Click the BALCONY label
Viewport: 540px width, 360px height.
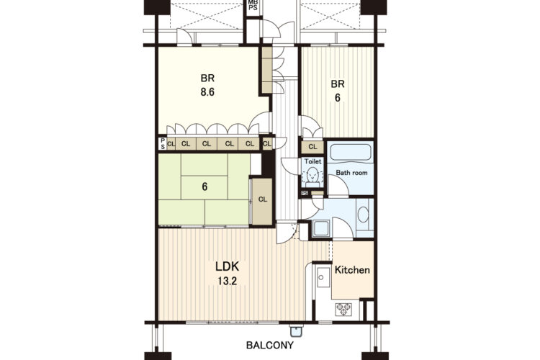pyautogui.click(x=270, y=345)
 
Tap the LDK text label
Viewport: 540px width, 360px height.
pyautogui.click(x=228, y=266)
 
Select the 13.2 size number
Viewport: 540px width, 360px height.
pyautogui.click(x=228, y=282)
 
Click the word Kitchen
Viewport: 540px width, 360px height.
pyautogui.click(x=352, y=270)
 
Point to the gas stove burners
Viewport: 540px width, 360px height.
pyautogui.click(x=343, y=309)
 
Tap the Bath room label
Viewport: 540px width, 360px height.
pyautogui.click(x=351, y=173)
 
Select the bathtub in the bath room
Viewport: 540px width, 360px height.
pyautogui.click(x=351, y=153)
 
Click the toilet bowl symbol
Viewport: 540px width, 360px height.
pyautogui.click(x=312, y=176)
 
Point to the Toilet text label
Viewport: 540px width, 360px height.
pyautogui.click(x=312, y=161)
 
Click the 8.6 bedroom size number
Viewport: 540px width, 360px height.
pyautogui.click(x=207, y=92)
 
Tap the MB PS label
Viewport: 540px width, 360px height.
pyautogui.click(x=253, y=5)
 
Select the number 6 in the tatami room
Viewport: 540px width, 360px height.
pyautogui.click(x=204, y=186)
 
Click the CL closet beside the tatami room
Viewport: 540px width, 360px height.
pyautogui.click(x=262, y=199)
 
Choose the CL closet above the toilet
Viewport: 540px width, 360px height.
pyautogui.click(x=312, y=147)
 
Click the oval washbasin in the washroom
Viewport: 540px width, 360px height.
pyautogui.click(x=363, y=215)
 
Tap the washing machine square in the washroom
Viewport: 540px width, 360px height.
pyautogui.click(x=321, y=228)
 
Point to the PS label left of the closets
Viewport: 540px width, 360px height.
pyautogui.click(x=163, y=144)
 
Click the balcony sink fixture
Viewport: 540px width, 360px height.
pyautogui.click(x=295, y=330)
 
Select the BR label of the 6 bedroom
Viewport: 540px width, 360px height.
pyautogui.click(x=338, y=84)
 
